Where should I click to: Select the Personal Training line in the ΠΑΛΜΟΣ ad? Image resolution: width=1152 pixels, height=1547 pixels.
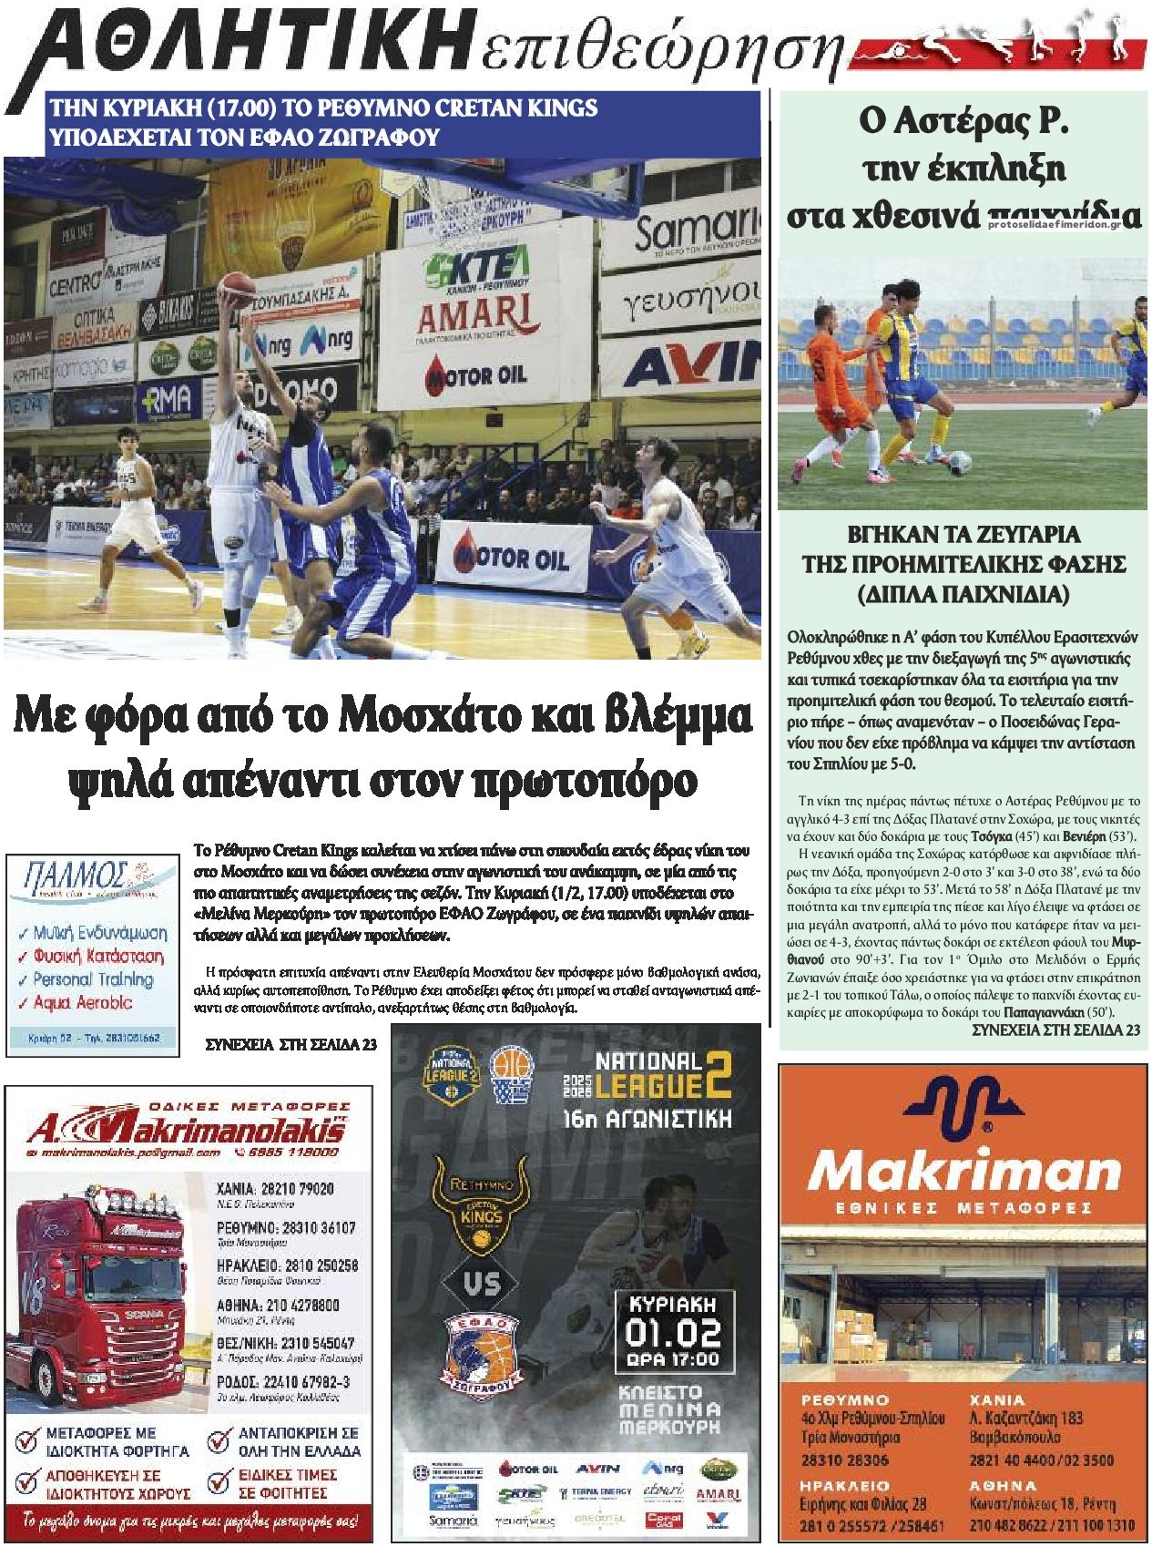tap(93, 979)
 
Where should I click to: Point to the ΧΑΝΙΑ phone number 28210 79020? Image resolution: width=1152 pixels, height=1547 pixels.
tap(292, 1188)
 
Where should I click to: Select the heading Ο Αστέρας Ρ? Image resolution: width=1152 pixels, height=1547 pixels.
tap(964, 122)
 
